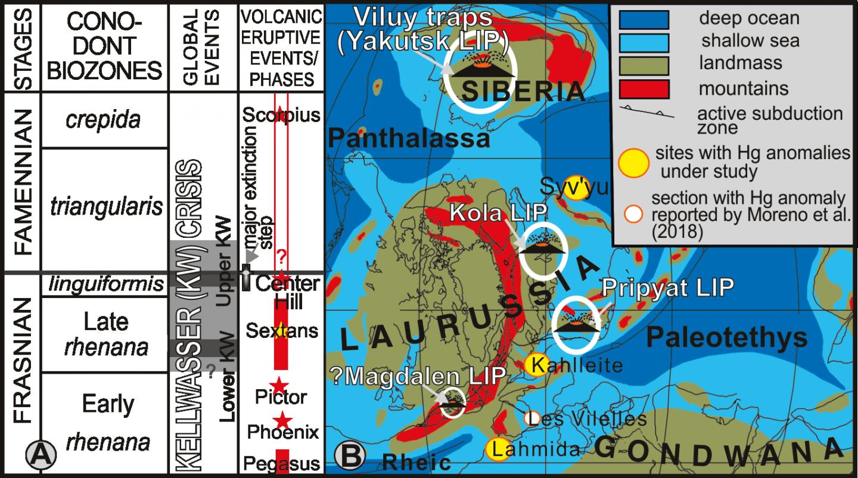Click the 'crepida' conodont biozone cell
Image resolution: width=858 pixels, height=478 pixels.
[103, 120]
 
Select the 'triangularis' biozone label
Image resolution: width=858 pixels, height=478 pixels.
[105, 207]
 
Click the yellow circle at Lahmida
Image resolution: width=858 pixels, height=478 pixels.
[498, 449]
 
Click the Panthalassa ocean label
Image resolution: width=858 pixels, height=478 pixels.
[409, 139]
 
